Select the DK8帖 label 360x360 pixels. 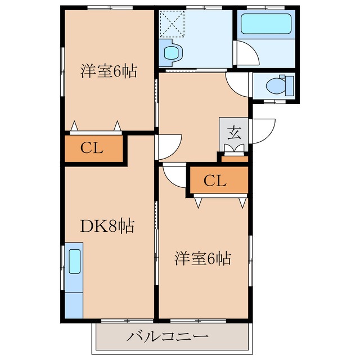click(x=107, y=227)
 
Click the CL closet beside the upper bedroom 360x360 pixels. click(x=92, y=149)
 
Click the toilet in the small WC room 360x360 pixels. click(x=276, y=86)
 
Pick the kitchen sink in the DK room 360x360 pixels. click(x=74, y=262)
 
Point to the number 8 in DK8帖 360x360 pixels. click(x=111, y=227)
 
